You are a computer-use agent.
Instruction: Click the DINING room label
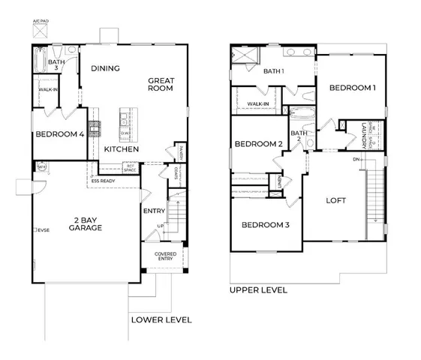107,68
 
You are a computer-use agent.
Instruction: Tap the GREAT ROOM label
161,83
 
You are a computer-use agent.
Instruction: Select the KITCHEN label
121,149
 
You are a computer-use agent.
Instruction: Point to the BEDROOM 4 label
59,135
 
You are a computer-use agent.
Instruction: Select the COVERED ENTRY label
166,256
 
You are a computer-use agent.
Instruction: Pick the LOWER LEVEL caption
161,319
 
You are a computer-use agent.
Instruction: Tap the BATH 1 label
273,71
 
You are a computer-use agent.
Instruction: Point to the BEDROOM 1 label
352,88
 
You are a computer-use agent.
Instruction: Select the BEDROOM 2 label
258,144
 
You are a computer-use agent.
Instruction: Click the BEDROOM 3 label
264,225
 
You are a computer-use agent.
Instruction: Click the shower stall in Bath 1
244,55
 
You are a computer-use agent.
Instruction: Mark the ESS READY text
104,180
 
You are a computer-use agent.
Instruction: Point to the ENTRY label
154,211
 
